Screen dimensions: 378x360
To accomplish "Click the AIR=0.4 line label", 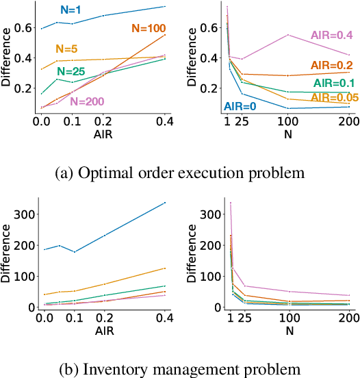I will tap(331, 34).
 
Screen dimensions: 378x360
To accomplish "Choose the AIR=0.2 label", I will tap(332, 64).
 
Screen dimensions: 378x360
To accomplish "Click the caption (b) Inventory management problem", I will tap(179, 369).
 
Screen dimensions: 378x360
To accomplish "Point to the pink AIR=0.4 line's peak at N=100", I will tap(288, 35).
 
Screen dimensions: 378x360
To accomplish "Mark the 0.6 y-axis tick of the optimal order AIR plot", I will tap(23, 27).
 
